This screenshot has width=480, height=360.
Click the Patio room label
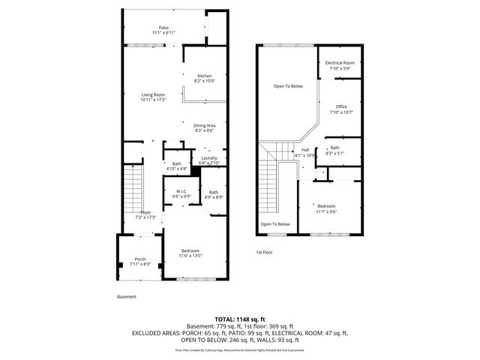pos(163,30)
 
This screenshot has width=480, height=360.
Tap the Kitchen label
pos(204,78)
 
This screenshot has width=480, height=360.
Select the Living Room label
pos(154,97)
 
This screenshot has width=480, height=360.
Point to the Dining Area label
pos(205,127)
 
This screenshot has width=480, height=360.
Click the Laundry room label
pos(208,160)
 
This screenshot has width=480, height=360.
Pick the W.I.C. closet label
pos(182,194)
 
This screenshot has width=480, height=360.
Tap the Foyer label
pos(145,214)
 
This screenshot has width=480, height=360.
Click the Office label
pos(341,109)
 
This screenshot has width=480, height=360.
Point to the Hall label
pos(306,152)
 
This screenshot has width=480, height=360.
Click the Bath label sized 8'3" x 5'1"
pos(334,151)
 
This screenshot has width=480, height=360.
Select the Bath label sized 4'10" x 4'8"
pos(176,166)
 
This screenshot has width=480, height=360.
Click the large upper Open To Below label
pos(287,86)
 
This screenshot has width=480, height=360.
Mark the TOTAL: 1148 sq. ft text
pos(240,319)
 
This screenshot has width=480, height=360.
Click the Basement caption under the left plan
pos(127,296)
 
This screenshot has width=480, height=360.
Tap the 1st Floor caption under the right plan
pos(263,252)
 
